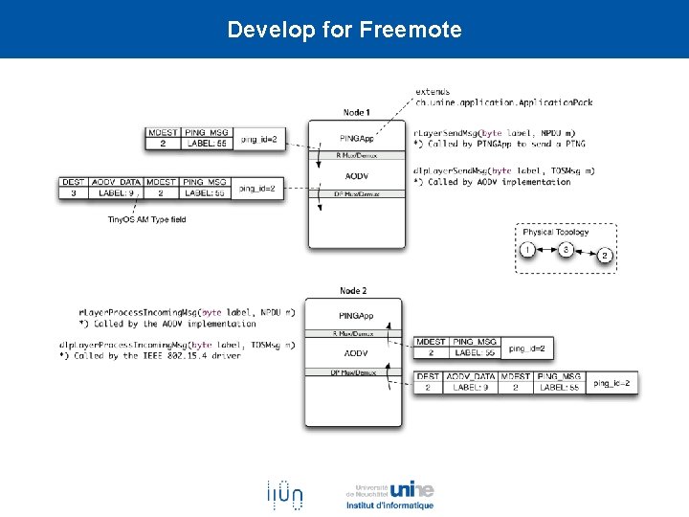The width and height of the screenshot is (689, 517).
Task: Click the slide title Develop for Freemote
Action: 344,30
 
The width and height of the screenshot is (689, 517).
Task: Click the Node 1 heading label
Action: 355,113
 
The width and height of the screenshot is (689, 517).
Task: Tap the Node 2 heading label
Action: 353,291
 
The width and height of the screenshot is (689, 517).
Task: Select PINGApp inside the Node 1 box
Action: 356,138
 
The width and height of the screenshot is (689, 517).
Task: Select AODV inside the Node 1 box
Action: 356,175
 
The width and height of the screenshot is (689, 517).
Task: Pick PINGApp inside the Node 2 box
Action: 355,316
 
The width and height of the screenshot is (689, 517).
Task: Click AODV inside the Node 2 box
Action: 355,353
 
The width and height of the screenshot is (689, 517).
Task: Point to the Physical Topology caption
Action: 555,232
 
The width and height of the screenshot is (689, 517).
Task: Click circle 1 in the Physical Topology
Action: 527,250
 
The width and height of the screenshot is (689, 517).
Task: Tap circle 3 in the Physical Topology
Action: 566,250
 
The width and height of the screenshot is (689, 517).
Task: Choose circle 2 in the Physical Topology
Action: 604,256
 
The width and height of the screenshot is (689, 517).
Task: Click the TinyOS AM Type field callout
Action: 146,220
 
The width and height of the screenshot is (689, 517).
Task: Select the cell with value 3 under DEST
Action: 74,192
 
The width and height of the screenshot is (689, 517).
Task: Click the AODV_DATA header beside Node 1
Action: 116,182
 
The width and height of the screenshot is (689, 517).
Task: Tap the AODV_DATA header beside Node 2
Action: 469,376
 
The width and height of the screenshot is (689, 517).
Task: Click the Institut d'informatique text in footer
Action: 389,506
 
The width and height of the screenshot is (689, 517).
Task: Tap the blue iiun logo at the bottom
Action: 284,494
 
